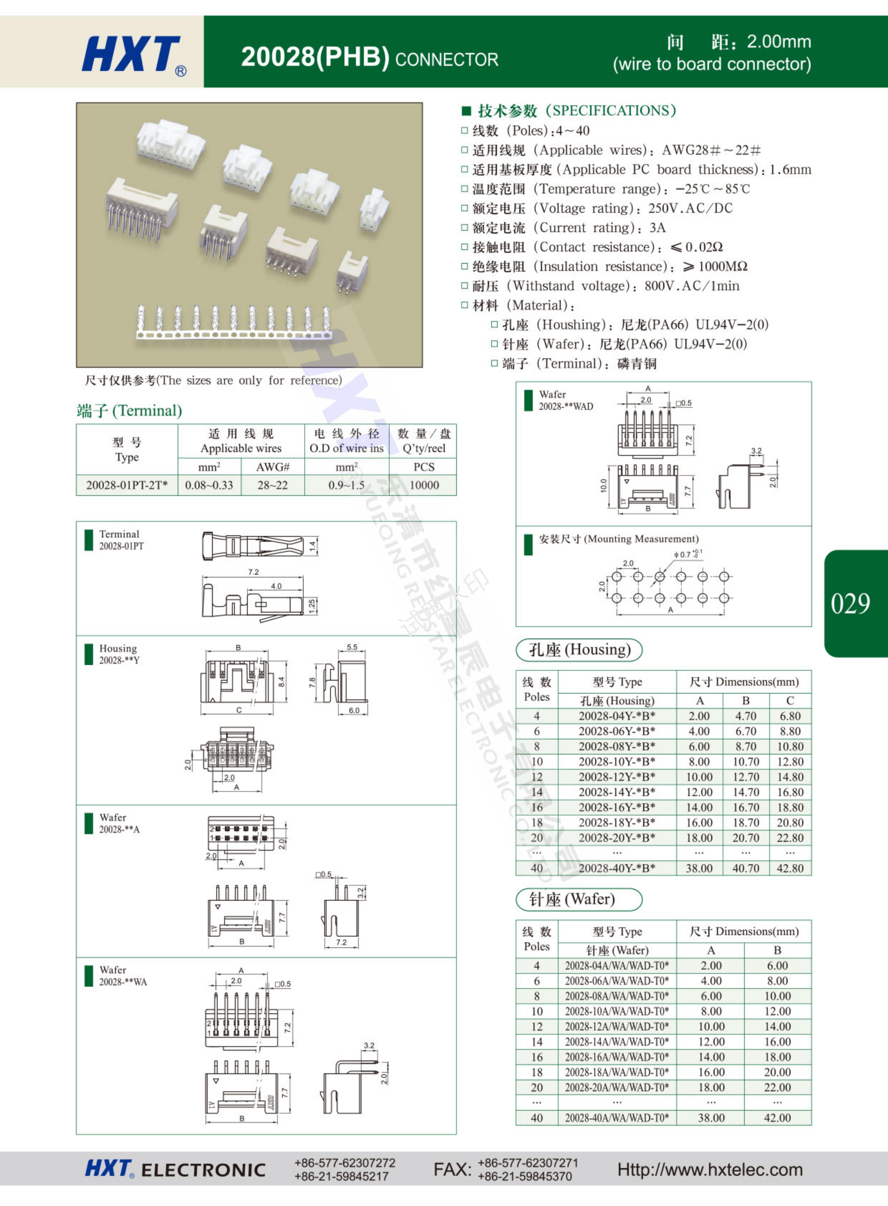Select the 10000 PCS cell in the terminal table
click(x=424, y=485)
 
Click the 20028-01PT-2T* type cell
click(x=127, y=485)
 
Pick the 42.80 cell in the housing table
click(x=790, y=868)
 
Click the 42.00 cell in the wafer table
click(x=777, y=1118)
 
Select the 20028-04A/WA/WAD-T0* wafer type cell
click(x=616, y=966)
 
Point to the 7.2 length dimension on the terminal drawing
click(x=253, y=572)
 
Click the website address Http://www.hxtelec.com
click(x=710, y=1169)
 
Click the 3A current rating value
click(x=657, y=228)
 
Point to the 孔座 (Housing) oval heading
click(x=579, y=650)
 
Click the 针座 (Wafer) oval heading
click(x=579, y=899)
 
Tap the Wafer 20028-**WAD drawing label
click(x=565, y=401)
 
